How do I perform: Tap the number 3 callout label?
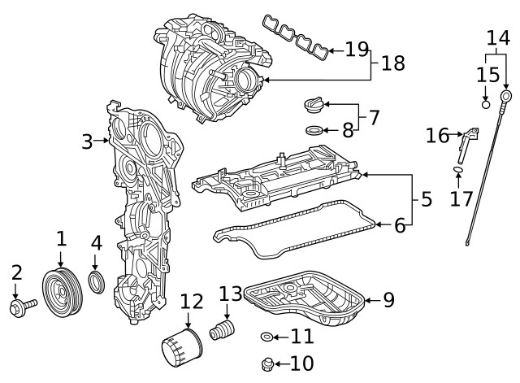tap(88, 141)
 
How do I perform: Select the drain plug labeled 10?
tap(267, 363)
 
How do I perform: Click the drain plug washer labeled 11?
tap(266, 336)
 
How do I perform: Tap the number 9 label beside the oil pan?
tap(388, 300)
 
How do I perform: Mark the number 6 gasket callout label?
tap(399, 226)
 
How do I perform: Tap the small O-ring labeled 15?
tap(485, 104)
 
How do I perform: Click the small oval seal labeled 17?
tap(457, 170)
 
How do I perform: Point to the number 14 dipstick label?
tap(498, 37)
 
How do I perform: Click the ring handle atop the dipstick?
tap(508, 98)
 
